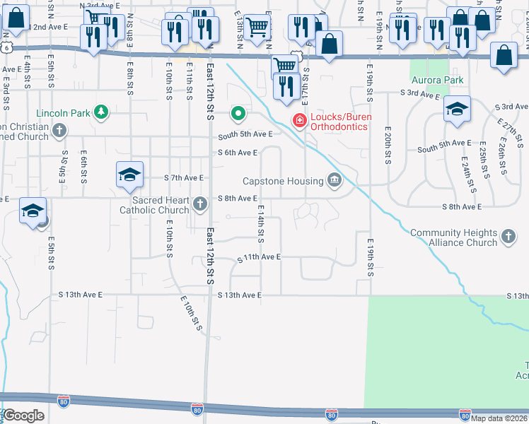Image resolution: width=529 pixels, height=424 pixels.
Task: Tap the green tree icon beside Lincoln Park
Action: [x=102, y=112]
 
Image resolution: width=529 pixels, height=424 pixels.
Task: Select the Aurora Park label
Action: [x=438, y=80]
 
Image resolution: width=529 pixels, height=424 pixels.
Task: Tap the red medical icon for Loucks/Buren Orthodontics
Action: [x=300, y=122]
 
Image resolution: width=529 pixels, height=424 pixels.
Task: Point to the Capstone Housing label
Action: [x=282, y=181]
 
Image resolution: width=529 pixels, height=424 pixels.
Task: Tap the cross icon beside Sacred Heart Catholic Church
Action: [x=200, y=205]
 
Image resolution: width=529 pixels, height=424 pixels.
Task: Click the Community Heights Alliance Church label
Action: [x=453, y=237]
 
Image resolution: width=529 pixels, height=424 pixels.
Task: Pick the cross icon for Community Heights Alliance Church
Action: [x=508, y=237]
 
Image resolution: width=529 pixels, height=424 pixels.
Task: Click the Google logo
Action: [x=23, y=415]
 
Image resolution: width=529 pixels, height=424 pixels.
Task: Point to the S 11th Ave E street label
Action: [x=259, y=258]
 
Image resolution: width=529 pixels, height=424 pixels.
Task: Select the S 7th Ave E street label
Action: [x=183, y=178]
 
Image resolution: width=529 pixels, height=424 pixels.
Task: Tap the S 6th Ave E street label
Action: [x=238, y=152]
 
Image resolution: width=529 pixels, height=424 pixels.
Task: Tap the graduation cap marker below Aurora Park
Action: [x=457, y=110]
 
